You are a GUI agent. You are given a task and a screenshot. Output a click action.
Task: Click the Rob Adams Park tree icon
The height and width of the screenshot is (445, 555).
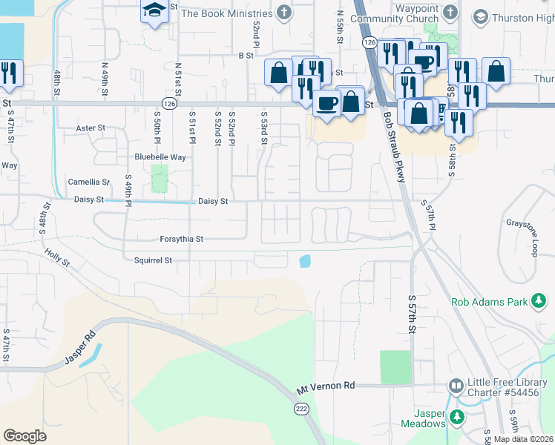[539, 301]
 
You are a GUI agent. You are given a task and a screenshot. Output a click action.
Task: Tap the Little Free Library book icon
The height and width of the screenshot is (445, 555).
[456, 386]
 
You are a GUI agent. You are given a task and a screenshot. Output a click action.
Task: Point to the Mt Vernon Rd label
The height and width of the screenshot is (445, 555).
[326, 386]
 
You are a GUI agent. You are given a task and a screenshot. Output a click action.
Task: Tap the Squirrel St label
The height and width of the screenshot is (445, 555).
[153, 260]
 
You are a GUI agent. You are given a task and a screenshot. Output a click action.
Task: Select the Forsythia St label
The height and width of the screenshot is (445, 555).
[181, 239]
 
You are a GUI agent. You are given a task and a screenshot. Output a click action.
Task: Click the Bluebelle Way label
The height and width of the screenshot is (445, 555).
[160, 156]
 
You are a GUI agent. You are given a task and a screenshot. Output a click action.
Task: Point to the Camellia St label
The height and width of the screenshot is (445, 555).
[88, 181]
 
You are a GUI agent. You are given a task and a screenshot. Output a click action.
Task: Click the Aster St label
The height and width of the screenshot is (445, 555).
[91, 128]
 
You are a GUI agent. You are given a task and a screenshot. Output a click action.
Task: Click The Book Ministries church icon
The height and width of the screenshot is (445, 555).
[283, 13]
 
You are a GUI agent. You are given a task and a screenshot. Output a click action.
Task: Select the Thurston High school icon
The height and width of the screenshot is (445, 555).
[480, 17]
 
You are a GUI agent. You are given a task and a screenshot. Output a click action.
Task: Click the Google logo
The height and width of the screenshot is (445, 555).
[24, 435]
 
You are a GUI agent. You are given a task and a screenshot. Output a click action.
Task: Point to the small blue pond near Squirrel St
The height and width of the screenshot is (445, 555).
[304, 261]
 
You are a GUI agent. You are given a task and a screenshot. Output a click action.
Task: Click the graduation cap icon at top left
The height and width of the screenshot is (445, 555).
[154, 11]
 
